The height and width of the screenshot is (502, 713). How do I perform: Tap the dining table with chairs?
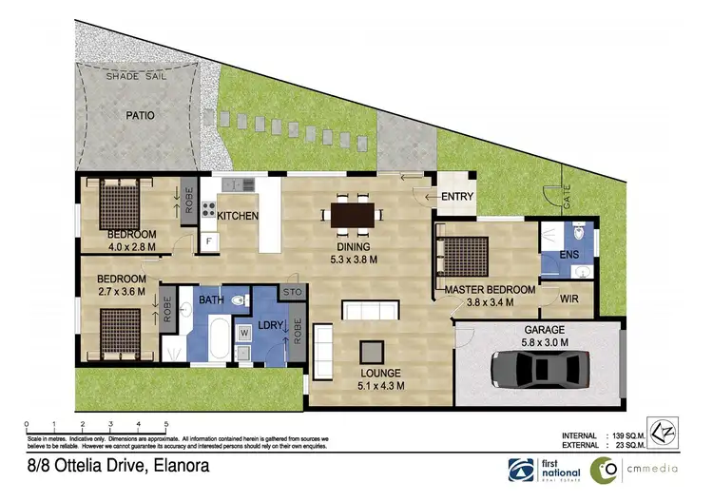click(x=352, y=215)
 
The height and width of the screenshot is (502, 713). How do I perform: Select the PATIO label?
click(x=140, y=116)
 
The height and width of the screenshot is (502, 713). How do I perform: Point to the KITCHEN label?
click(x=238, y=216)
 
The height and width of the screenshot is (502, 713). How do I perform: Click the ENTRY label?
click(x=457, y=197)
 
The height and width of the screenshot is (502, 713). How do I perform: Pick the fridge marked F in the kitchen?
click(x=208, y=242)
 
